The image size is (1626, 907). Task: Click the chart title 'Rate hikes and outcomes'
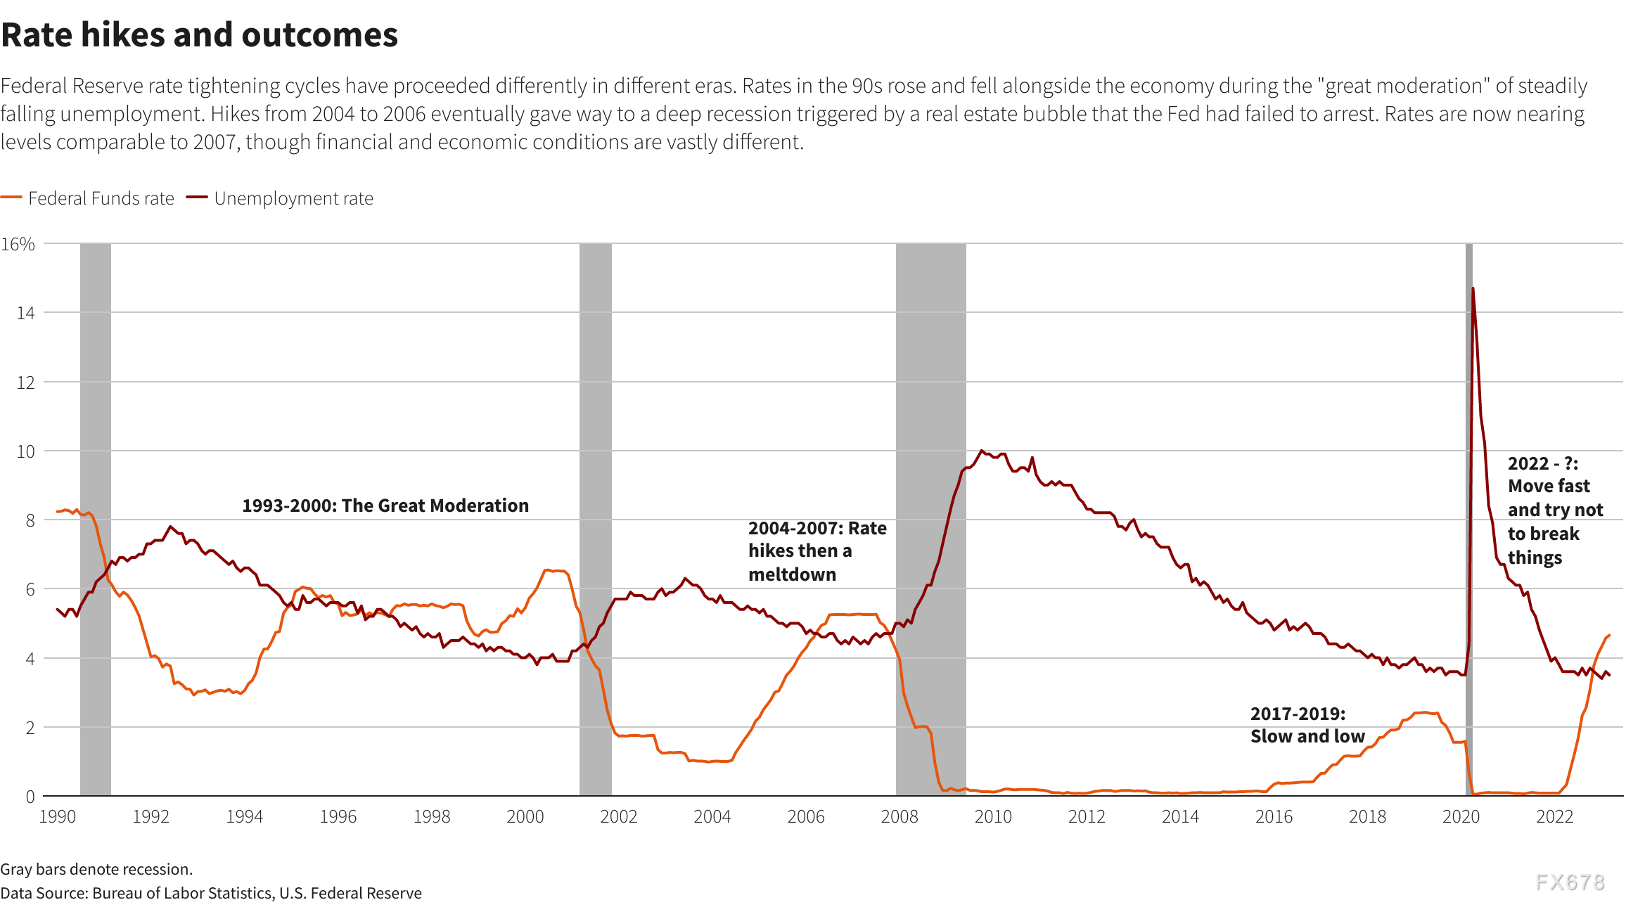point(200,35)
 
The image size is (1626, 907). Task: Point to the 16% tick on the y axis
point(18,244)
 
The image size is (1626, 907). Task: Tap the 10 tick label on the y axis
point(25,451)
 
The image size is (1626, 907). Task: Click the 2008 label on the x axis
point(900,816)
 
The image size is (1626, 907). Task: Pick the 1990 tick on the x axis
point(58,816)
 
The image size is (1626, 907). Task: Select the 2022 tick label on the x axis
point(1554,816)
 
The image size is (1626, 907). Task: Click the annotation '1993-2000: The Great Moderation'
point(385,506)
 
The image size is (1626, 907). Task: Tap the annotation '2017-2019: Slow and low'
point(1307,725)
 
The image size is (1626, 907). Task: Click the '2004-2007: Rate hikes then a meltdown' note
point(817,551)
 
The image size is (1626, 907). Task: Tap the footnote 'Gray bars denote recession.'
point(96,869)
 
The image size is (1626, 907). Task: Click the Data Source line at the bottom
point(211,893)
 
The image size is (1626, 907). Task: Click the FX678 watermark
point(1570,882)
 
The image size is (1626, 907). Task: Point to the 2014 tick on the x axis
point(1180,816)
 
